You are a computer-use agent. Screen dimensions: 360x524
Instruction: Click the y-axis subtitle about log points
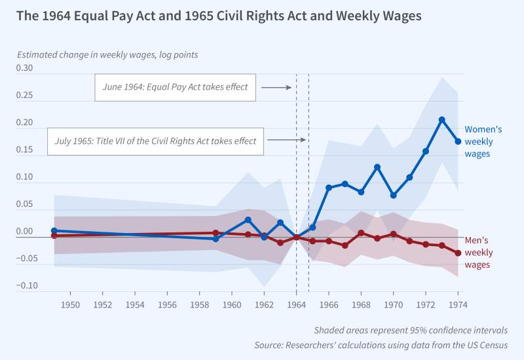point(107,55)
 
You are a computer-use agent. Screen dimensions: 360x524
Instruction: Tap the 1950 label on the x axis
point(70,304)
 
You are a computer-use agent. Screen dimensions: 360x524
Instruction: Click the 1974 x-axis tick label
point(458,304)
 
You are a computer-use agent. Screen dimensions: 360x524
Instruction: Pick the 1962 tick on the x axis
point(264,304)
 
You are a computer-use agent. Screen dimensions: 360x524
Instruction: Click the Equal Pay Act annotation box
point(176,87)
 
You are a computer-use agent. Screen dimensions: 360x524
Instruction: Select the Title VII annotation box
point(156,140)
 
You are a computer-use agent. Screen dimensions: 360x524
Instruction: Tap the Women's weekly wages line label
point(483,141)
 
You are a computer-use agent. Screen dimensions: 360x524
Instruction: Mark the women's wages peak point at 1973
point(442,120)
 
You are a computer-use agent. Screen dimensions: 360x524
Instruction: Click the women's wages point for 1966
point(329,188)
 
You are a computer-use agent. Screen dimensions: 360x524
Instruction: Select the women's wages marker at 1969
point(377,167)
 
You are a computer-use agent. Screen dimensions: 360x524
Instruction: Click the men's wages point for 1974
point(458,253)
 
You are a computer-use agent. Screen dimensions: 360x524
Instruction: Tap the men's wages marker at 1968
point(361,232)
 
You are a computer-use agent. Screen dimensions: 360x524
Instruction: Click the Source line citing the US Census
point(381,345)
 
